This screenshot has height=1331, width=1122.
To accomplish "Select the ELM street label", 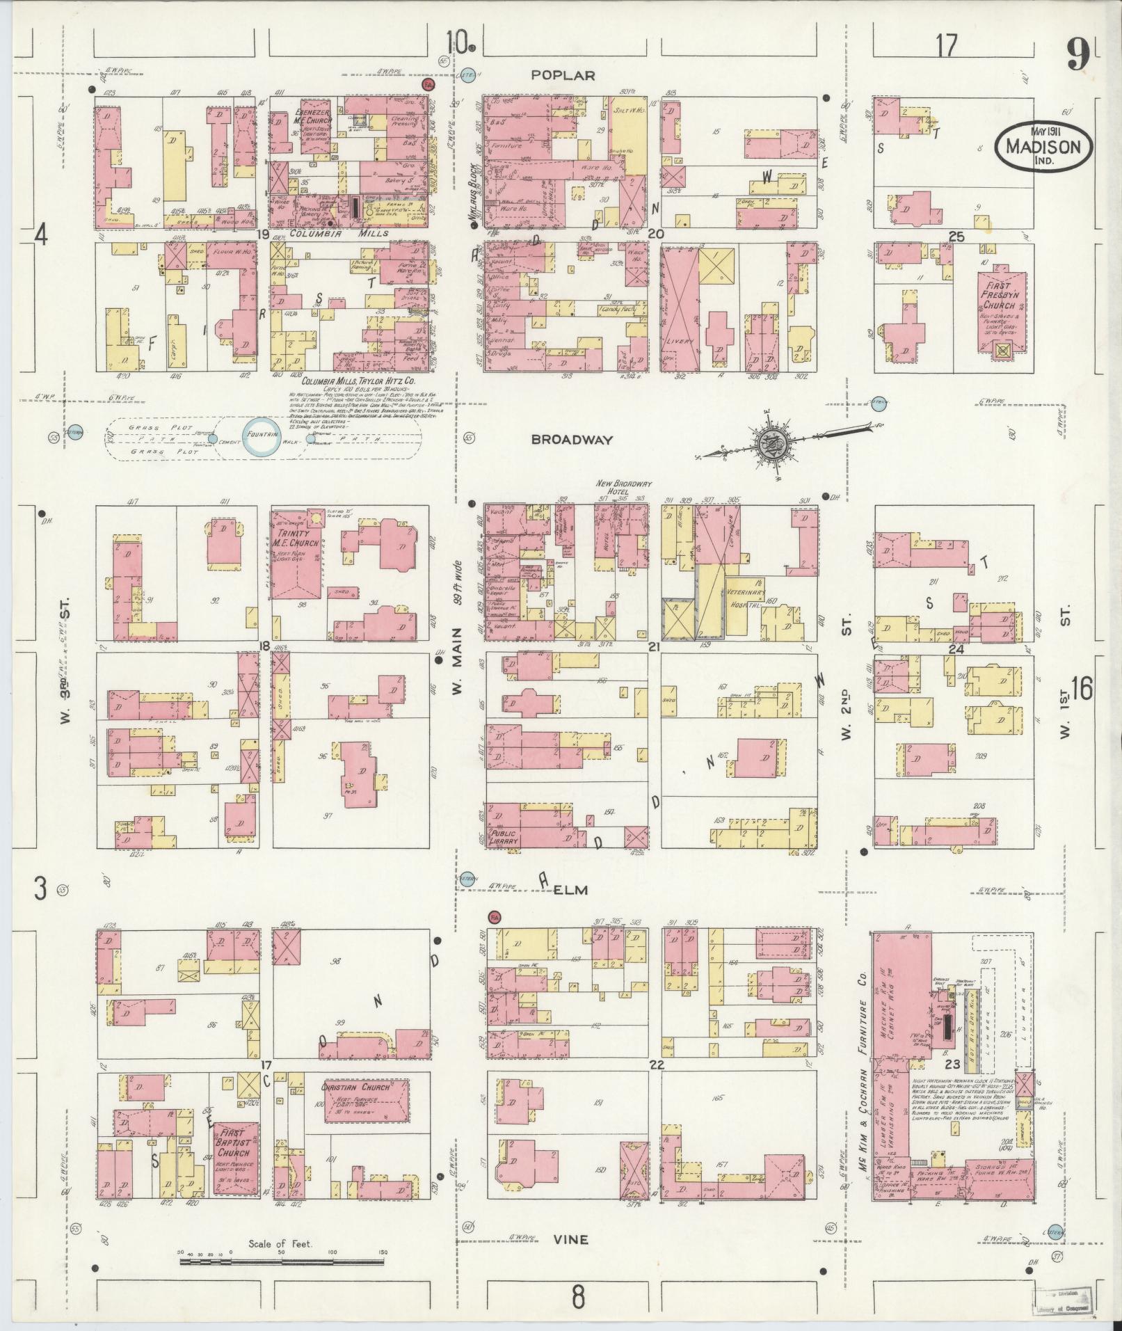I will pos(571,890).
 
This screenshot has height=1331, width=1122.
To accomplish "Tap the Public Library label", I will pos(504,837).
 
